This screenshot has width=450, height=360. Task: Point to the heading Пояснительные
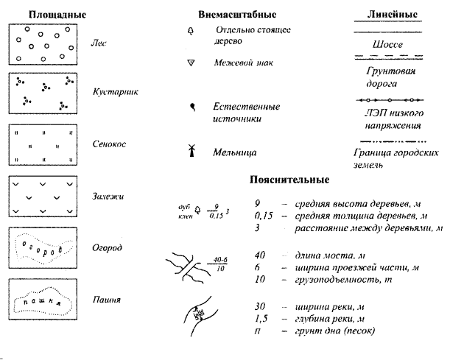point(288,180)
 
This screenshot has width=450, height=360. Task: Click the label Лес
point(99,43)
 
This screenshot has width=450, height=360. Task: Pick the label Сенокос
point(109,144)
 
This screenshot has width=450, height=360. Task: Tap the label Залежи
point(108,196)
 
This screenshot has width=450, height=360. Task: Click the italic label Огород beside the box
point(108,248)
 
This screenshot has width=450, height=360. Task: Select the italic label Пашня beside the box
point(107,300)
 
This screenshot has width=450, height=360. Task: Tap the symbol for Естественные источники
point(192,107)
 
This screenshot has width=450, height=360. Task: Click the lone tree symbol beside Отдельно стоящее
point(191,31)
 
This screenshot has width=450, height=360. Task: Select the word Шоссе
point(388,45)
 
